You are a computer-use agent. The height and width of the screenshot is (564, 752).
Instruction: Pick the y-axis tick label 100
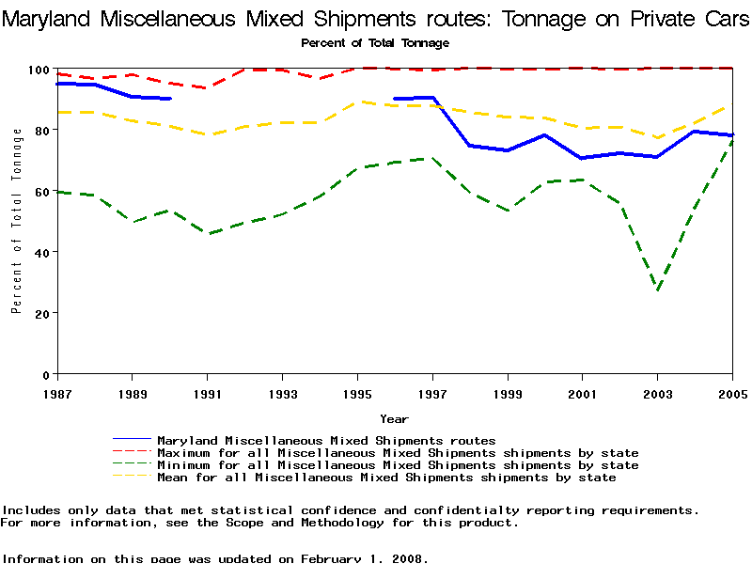click(39, 70)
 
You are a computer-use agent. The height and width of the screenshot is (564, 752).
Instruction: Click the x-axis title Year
click(394, 418)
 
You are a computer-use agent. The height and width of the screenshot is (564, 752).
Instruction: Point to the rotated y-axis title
click(17, 221)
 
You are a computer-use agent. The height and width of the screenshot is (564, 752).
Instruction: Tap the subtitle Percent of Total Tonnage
click(375, 42)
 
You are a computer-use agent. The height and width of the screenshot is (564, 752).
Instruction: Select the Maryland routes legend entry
click(326, 440)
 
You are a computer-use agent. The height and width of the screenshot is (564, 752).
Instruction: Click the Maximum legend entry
click(398, 453)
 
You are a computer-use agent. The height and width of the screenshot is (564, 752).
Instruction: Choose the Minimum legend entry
click(398, 465)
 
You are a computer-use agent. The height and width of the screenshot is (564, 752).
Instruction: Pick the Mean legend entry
click(386, 478)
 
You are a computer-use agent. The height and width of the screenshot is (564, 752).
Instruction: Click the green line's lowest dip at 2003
click(657, 290)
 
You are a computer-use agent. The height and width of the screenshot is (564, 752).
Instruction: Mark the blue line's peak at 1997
click(431, 98)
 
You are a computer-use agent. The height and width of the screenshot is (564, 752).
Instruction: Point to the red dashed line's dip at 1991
click(207, 87)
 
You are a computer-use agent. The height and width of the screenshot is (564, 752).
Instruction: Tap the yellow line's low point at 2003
click(657, 138)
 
